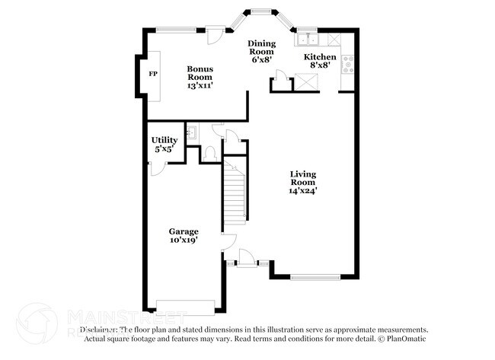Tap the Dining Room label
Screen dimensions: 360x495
pos(262,49)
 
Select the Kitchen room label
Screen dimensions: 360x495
pos(320,57)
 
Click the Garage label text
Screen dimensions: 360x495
pos(184,231)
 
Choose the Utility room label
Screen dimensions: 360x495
pos(164,140)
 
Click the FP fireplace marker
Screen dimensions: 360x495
pos(153,74)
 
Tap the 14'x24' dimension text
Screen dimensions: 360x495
pos(302,191)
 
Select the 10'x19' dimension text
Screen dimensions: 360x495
pos(184,241)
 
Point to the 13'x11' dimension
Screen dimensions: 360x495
pos(200,86)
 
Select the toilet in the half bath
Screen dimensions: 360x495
pos(210,153)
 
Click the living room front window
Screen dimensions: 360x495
pos(311,276)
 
